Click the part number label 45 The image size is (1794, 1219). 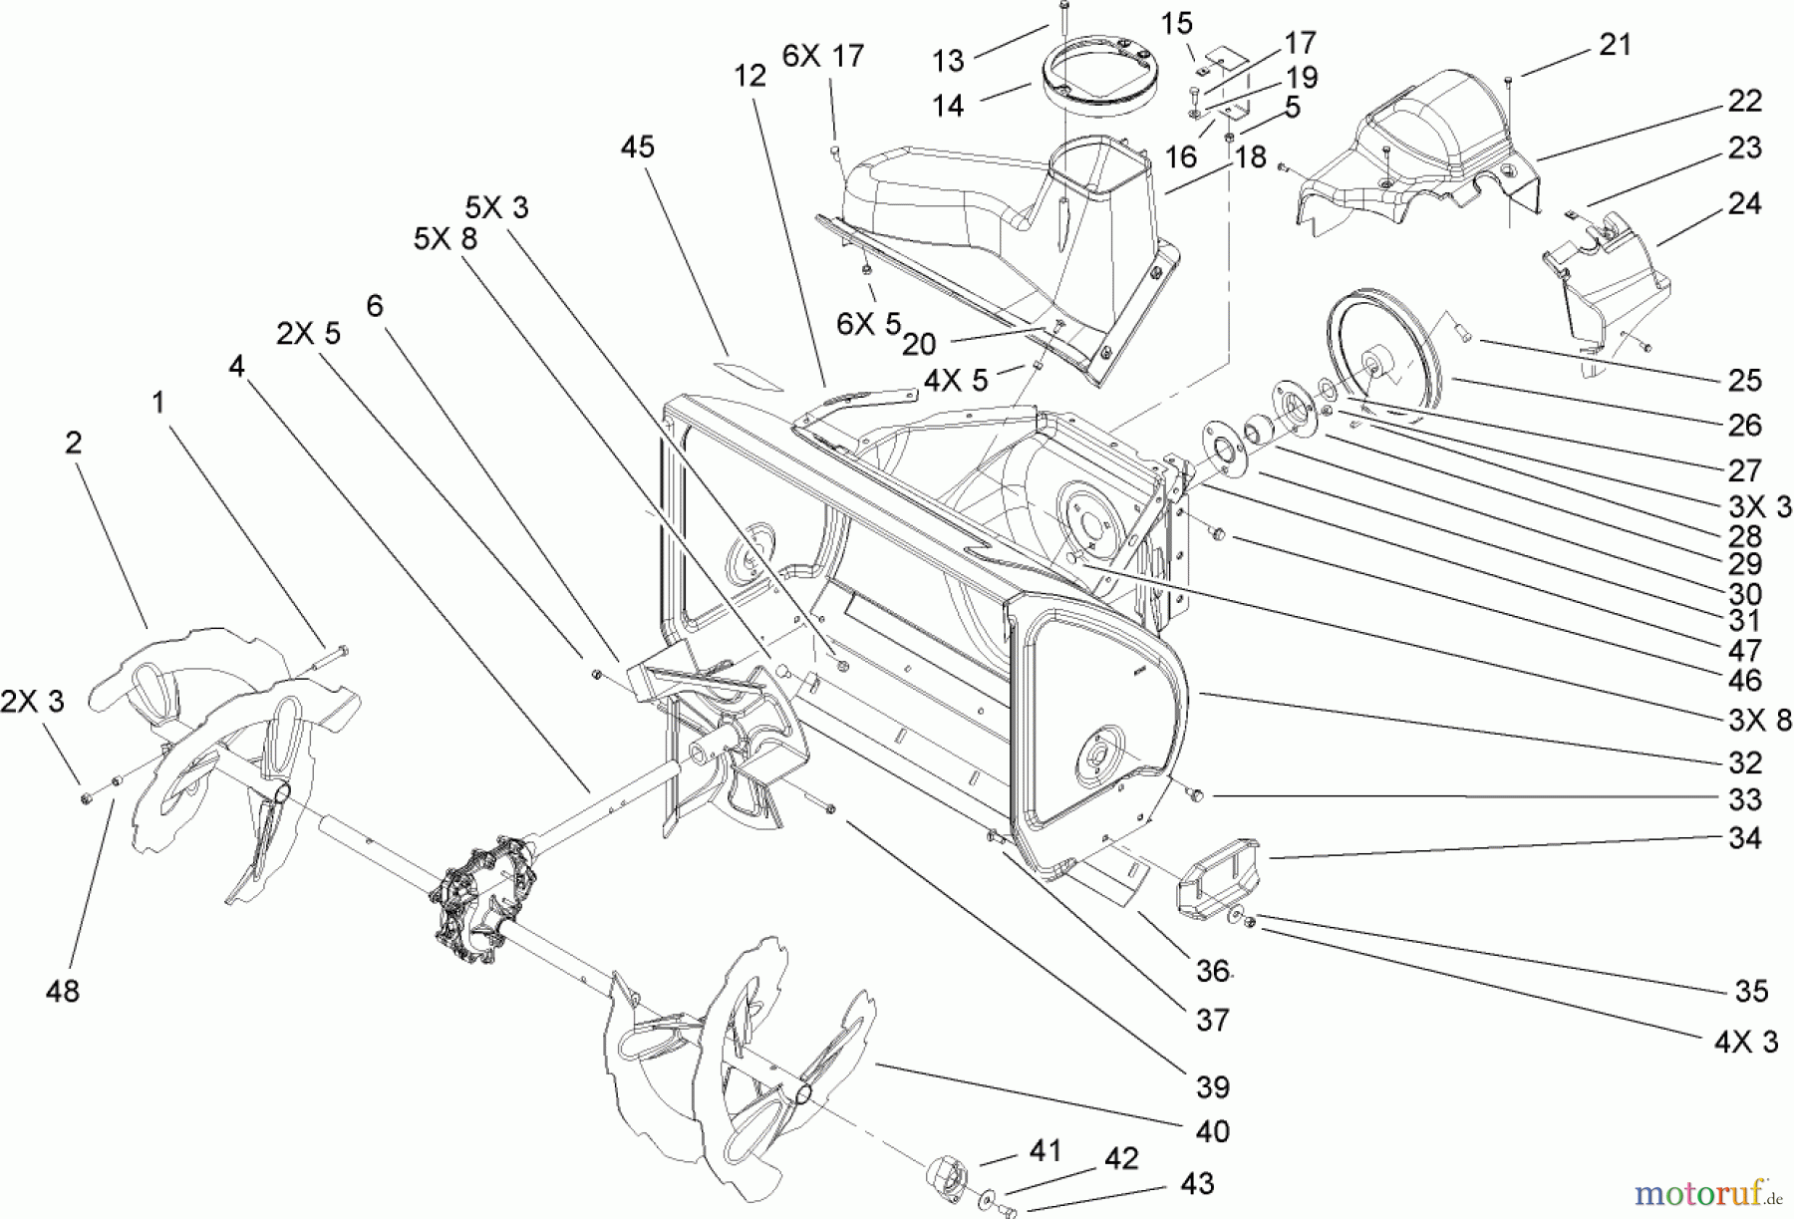click(638, 147)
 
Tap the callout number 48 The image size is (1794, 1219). click(62, 991)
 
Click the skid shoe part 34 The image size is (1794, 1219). click(1218, 877)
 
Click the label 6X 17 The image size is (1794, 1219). click(822, 57)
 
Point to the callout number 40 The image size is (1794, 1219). click(1211, 1131)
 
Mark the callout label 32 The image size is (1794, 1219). click(1745, 762)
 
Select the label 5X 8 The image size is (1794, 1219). click(446, 238)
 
